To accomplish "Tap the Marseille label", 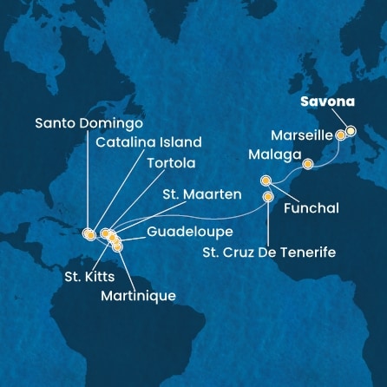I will click(300, 135).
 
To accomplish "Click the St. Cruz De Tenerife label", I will click(270, 253).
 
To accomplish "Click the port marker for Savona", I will click(351, 132).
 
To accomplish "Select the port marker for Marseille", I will click(340, 136).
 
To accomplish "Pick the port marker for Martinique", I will click(118, 247).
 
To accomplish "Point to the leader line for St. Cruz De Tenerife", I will click(268, 222).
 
